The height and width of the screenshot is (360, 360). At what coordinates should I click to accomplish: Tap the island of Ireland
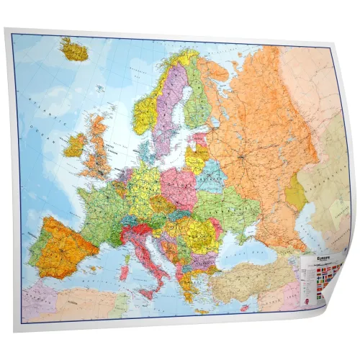click(74, 145)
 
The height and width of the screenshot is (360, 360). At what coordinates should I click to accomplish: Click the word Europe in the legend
click(316, 256)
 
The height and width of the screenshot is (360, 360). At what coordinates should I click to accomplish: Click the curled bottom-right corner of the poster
click(333, 306)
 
